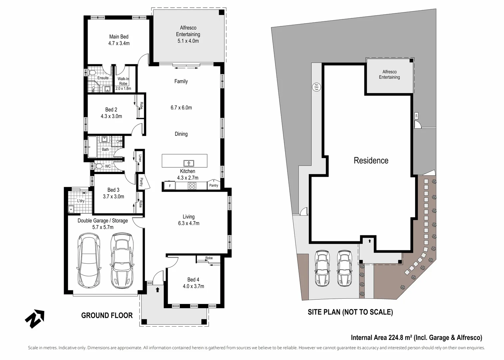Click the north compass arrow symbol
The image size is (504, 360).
pos(35,319)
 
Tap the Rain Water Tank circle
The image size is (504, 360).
pos(316,87)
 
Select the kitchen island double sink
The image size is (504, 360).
pos(189,163)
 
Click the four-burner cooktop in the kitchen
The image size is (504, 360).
pos(192,186)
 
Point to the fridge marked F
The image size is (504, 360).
pos(170,186)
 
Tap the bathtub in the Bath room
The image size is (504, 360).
pos(92,147)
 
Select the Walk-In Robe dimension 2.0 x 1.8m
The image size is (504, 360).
pos(123,88)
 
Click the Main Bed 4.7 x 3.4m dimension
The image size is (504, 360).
pos(119,43)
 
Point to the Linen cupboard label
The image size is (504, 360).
pos(140,158)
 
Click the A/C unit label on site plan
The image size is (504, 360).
pos(416,116)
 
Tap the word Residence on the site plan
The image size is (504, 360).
pos(371,161)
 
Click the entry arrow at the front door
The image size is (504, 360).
pos(158,290)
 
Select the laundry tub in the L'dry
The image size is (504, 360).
pos(71,209)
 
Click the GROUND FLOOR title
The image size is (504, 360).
pos(107,315)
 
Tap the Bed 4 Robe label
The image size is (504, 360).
pos(209,258)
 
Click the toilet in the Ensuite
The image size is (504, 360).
pos(92,72)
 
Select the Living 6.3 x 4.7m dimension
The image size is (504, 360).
pos(189,223)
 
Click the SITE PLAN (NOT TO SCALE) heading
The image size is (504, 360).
pos(350,312)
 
